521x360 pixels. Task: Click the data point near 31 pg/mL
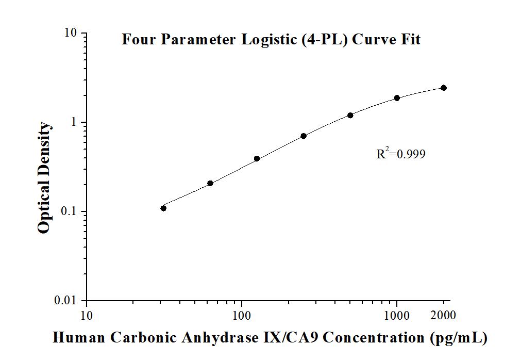point(163,208)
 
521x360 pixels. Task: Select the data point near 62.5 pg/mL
point(210,183)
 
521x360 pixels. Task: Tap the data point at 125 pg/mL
point(257,158)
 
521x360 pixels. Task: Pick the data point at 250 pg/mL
point(304,136)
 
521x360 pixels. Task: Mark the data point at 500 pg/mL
point(350,115)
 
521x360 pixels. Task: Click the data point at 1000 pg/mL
point(397,97)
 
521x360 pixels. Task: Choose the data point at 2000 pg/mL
point(444,88)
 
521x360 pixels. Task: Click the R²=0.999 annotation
point(401,153)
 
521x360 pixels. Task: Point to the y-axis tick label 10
point(71,33)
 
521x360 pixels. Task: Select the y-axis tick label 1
point(74,122)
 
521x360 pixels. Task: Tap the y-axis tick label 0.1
point(68,211)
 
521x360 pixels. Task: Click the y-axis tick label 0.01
point(65,301)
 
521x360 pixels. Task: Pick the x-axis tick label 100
point(242,315)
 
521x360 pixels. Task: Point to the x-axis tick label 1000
point(397,315)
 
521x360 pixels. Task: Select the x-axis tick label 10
point(87,315)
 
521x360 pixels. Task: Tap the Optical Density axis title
point(45,177)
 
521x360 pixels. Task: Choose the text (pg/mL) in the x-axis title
point(458,338)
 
